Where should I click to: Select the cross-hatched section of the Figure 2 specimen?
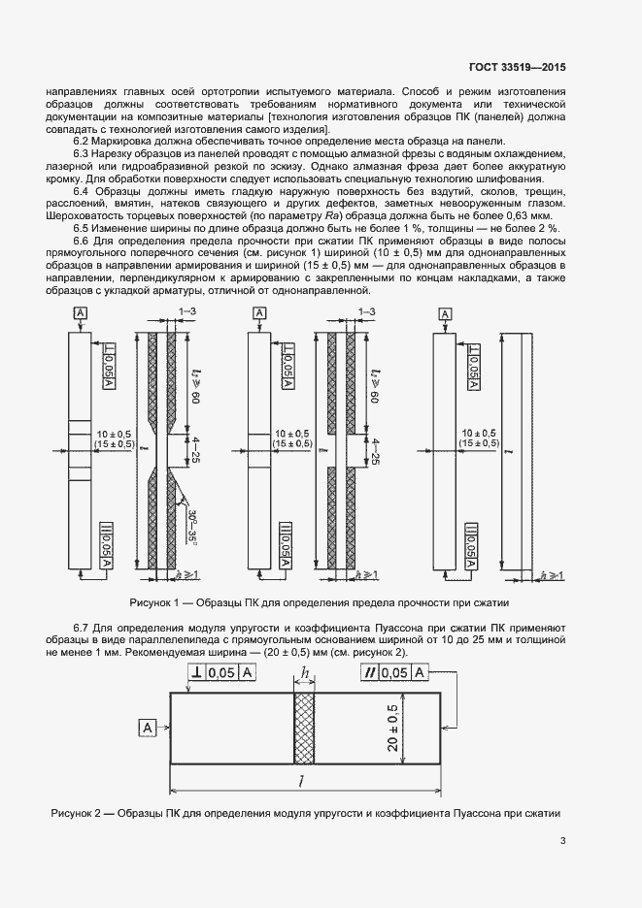click(305, 729)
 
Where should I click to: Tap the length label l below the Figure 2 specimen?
click(304, 781)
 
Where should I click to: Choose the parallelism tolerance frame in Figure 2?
click(393, 673)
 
